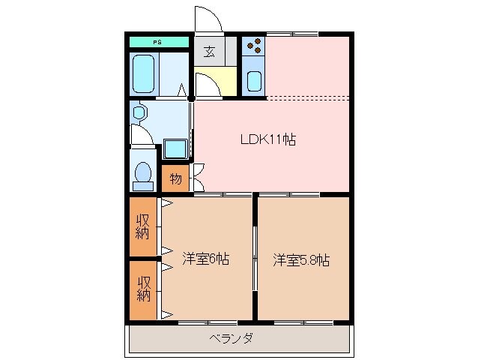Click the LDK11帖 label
[267, 139]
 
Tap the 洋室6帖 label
[205, 259]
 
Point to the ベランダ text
[230, 338]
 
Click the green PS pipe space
[159, 42]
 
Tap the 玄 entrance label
[208, 52]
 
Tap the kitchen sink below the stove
[254, 79]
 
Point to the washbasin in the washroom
[139, 113]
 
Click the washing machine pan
[175, 148]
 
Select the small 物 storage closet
[175, 178]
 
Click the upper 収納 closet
[142, 226]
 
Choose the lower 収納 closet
[142, 288]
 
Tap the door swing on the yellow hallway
[208, 85]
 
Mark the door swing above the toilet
[141, 136]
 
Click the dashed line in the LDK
[307, 98]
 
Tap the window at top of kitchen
[292, 34]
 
